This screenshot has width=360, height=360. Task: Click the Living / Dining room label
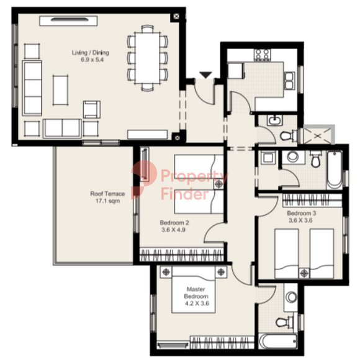[91, 53]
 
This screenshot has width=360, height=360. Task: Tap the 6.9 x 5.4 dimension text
[92, 60]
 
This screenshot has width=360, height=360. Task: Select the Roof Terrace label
[107, 194]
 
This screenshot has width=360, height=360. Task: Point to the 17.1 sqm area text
[107, 201]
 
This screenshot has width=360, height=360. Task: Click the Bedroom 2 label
[174, 222]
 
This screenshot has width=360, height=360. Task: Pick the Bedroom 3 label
[302, 213]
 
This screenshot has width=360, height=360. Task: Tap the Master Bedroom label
[196, 293]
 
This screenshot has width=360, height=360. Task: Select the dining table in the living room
[147, 58]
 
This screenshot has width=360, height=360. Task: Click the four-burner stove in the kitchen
[262, 55]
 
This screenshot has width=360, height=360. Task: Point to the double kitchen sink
[289, 81]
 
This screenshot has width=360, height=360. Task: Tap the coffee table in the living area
[60, 90]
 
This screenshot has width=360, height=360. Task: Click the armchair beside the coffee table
[92, 109]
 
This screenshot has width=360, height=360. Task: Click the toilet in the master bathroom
[285, 322]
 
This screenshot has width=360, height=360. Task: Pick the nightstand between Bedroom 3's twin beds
[304, 273]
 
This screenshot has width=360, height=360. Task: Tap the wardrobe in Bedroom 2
[182, 254]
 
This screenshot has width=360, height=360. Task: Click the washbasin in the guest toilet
[274, 120]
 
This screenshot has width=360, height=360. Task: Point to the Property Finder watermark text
[194, 185]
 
